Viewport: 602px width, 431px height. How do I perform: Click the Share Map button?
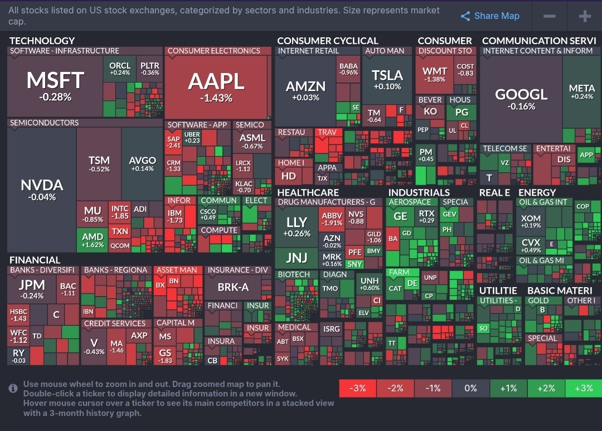[490, 16]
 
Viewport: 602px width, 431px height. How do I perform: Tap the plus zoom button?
[585, 16]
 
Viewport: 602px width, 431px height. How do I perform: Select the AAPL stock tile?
[216, 86]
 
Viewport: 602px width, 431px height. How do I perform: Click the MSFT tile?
[55, 86]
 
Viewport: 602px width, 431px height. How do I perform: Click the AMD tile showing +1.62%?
[93, 240]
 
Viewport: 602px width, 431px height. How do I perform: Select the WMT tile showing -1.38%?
[435, 75]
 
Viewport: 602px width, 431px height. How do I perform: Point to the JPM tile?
[32, 288]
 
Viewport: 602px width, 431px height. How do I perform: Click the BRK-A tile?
[233, 287]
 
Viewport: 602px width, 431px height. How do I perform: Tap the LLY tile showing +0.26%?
[297, 226]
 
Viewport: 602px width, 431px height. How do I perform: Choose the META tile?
[582, 92]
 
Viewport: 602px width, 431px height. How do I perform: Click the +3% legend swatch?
[583, 388]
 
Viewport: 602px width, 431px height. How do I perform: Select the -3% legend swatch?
[357, 388]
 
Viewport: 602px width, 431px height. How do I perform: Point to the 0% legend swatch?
[470, 388]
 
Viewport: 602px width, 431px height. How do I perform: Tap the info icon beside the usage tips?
[13, 388]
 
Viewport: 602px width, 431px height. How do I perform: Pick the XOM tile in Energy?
[531, 221]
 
